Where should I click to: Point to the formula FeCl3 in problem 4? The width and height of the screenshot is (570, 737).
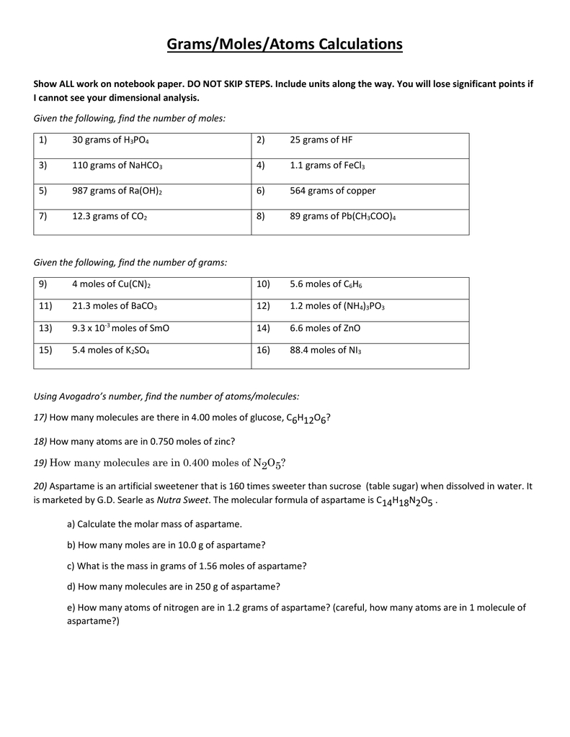pos(353,166)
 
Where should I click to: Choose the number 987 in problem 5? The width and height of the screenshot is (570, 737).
pos(79,191)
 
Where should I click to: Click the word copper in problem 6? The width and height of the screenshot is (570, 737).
pos(361,191)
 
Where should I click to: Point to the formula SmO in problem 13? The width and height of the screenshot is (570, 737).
pos(159,327)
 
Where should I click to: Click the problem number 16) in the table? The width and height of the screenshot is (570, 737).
pos(262,350)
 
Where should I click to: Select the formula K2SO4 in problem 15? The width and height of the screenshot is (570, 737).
pos(135,350)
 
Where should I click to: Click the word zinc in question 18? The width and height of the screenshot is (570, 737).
pos(223,440)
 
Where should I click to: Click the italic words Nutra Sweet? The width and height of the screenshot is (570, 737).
pos(181,499)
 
